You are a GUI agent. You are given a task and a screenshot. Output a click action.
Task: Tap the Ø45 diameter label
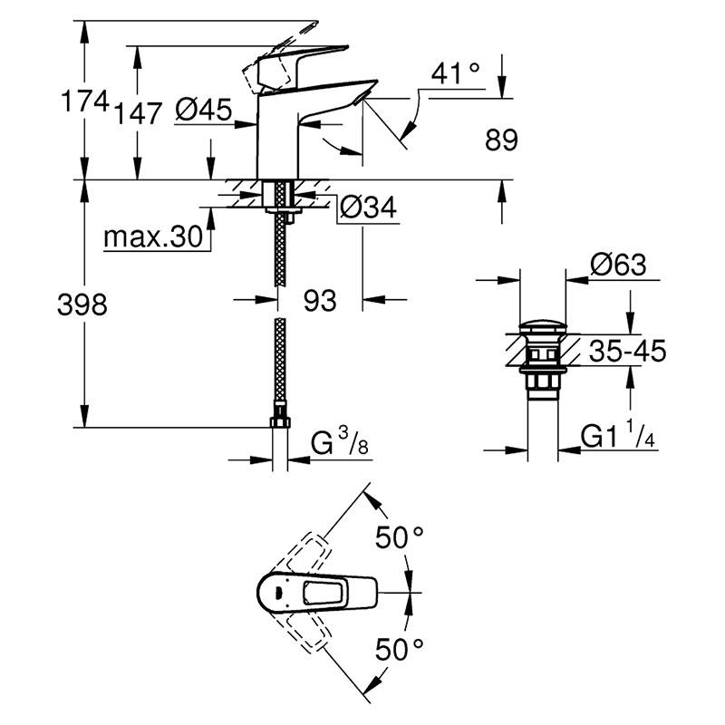tap(203, 111)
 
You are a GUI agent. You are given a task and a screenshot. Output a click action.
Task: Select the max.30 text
tap(151, 237)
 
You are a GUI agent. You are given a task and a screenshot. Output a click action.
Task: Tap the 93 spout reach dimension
tap(319, 301)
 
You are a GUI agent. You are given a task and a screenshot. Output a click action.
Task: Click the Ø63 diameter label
tap(617, 265)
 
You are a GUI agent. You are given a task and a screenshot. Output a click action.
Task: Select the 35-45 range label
tap(626, 350)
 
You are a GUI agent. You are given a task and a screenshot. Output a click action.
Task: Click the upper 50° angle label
tap(400, 537)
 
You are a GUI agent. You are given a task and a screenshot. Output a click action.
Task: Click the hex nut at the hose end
tap(280, 422)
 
